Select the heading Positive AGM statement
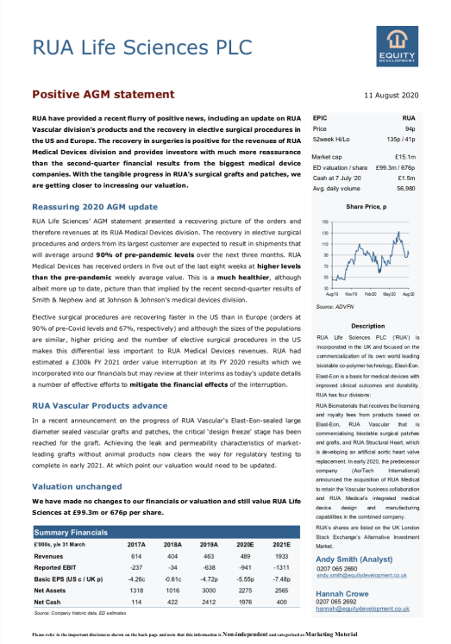coord(103,94)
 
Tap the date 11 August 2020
coord(391,95)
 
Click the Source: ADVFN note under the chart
coord(336,305)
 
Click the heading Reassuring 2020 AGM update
coord(94,207)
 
